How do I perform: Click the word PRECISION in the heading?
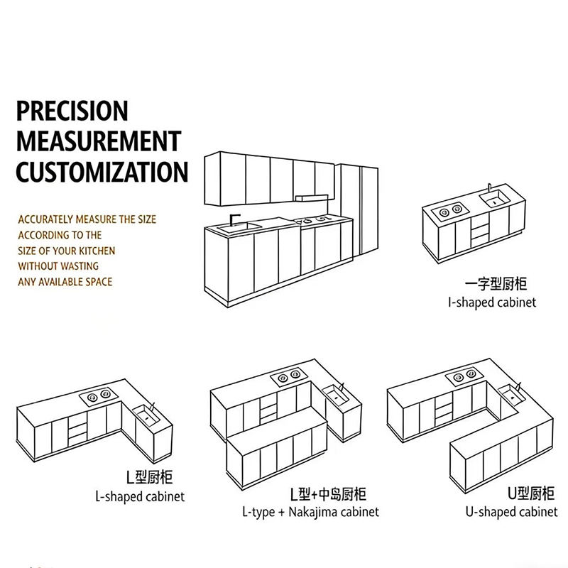click(x=72, y=111)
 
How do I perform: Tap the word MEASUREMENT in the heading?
click(x=99, y=141)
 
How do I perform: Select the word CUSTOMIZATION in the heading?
click(x=102, y=172)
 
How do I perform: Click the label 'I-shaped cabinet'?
click(x=491, y=302)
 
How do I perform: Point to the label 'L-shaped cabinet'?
click(x=139, y=496)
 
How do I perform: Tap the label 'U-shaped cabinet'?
click(x=511, y=511)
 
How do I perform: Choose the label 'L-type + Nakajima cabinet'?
click(x=310, y=511)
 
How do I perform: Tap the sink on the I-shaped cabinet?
click(x=495, y=200)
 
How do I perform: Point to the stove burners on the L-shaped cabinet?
click(x=98, y=395)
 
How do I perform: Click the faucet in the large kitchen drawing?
click(x=236, y=218)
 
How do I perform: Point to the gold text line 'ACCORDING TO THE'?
click(x=60, y=235)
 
